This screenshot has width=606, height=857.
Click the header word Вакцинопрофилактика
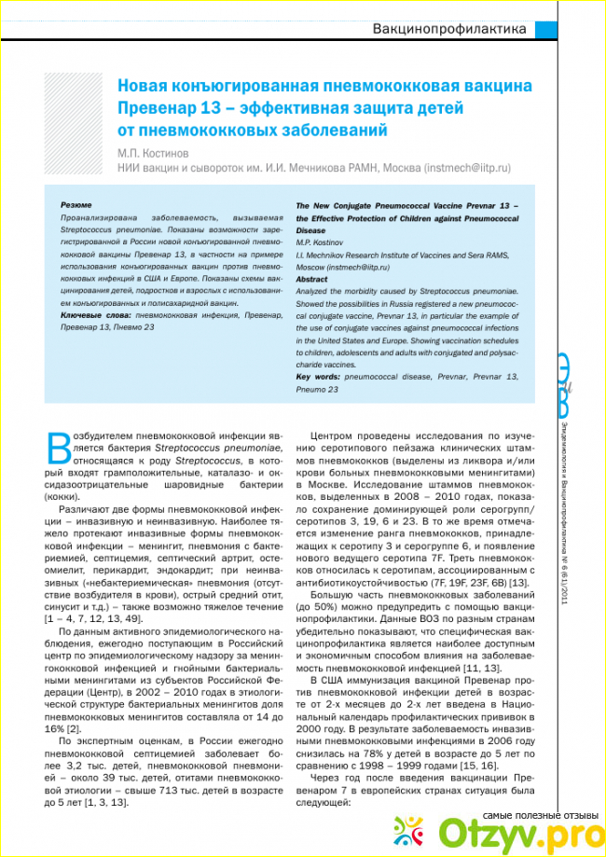[x=449, y=28]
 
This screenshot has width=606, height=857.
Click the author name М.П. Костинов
[x=152, y=152]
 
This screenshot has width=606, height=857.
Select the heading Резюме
[x=76, y=204]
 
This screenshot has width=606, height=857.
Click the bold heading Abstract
[x=311, y=279]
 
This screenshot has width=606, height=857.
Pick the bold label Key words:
[x=317, y=376]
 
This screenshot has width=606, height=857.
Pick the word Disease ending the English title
[x=310, y=229]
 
